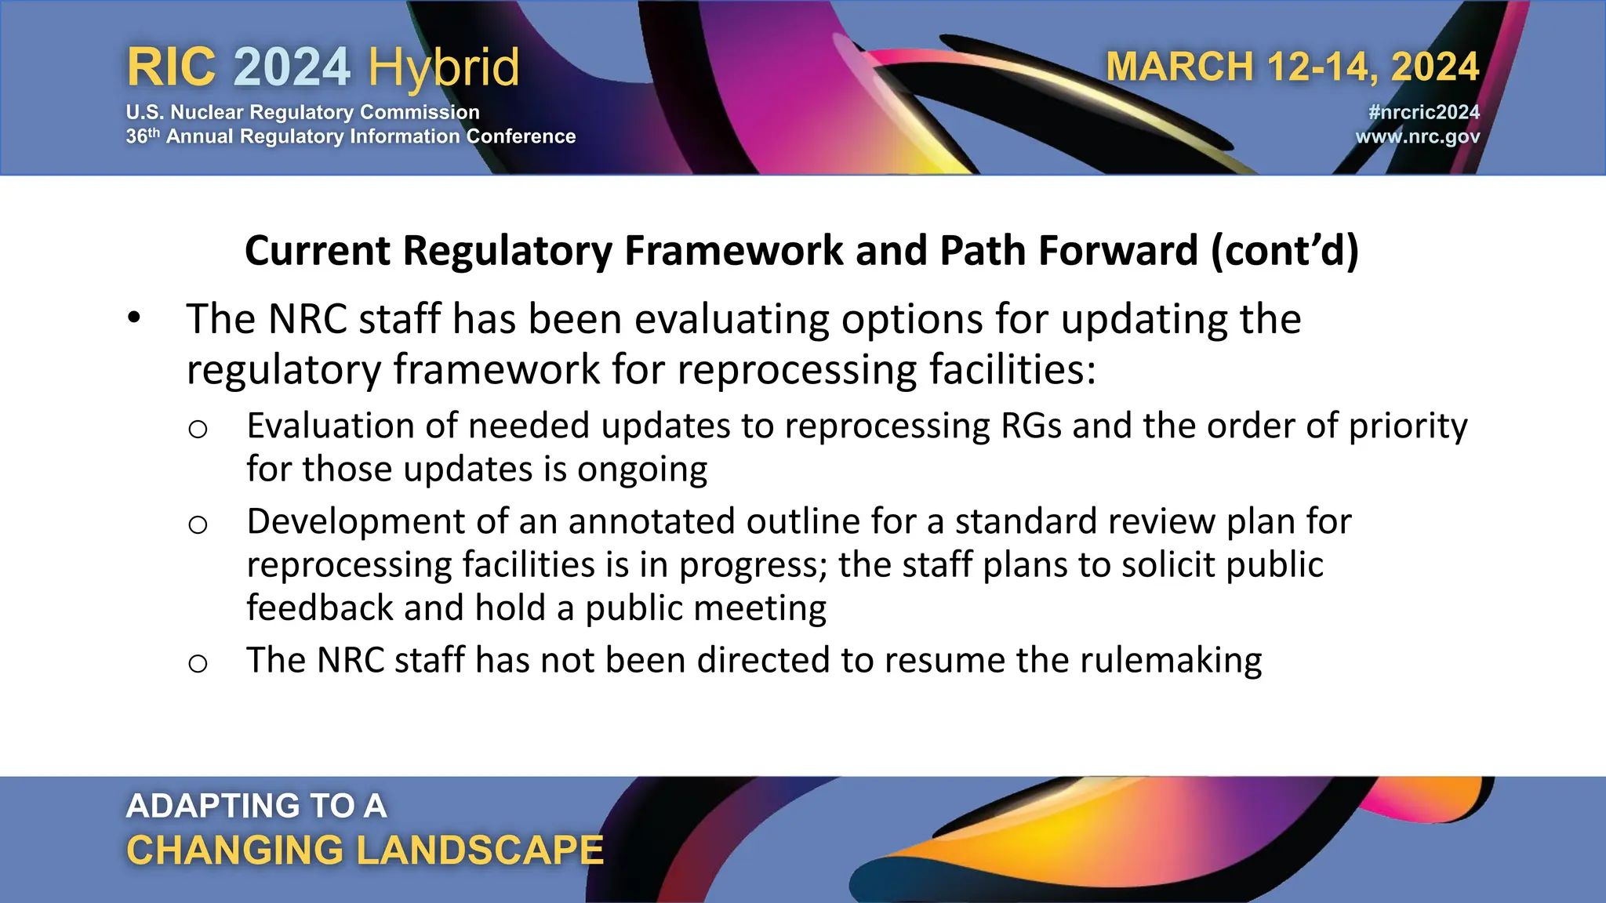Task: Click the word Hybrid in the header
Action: (444, 67)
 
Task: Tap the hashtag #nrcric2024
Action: (1423, 112)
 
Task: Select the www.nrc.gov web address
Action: (1417, 136)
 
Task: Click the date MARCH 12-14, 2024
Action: (1292, 67)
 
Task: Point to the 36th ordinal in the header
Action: (143, 136)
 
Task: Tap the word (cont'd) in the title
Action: (1284, 251)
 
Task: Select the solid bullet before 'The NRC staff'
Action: (134, 318)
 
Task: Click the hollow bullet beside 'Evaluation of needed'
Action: (198, 429)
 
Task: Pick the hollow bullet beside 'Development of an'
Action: (198, 524)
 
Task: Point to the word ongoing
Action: (642, 470)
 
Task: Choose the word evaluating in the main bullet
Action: (732, 320)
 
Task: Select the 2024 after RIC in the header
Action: (292, 67)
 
